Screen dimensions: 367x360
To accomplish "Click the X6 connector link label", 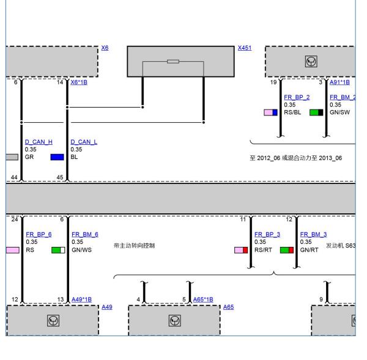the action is [105, 48].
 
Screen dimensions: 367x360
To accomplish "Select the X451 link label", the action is [245, 48].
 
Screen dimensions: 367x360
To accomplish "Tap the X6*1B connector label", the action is [79, 83].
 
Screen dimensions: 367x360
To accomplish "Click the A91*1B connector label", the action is [339, 83].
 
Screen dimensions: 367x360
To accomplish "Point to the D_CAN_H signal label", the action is [39, 142].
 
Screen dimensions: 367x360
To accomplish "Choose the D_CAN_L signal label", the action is [84, 142].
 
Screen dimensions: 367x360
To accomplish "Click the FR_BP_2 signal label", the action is [297, 97].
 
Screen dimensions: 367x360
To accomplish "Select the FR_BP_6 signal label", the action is [39, 234].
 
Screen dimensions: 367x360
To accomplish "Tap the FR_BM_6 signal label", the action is [85, 234].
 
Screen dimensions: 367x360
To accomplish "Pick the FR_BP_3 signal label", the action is [267, 234].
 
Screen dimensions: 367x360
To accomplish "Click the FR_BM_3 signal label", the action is [313, 234].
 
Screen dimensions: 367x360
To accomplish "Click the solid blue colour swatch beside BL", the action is [57, 157].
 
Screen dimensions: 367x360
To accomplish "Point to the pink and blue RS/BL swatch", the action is [270, 112].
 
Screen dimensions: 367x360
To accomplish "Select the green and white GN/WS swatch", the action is [58, 251].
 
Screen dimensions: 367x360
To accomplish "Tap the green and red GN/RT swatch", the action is [287, 251].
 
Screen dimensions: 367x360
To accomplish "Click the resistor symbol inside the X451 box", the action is [173, 62].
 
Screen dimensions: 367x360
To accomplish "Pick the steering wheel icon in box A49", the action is [53, 320].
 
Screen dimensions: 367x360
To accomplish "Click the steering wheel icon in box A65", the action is [174, 320].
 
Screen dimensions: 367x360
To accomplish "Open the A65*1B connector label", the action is [203, 299].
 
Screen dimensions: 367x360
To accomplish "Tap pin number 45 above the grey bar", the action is [60, 177].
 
